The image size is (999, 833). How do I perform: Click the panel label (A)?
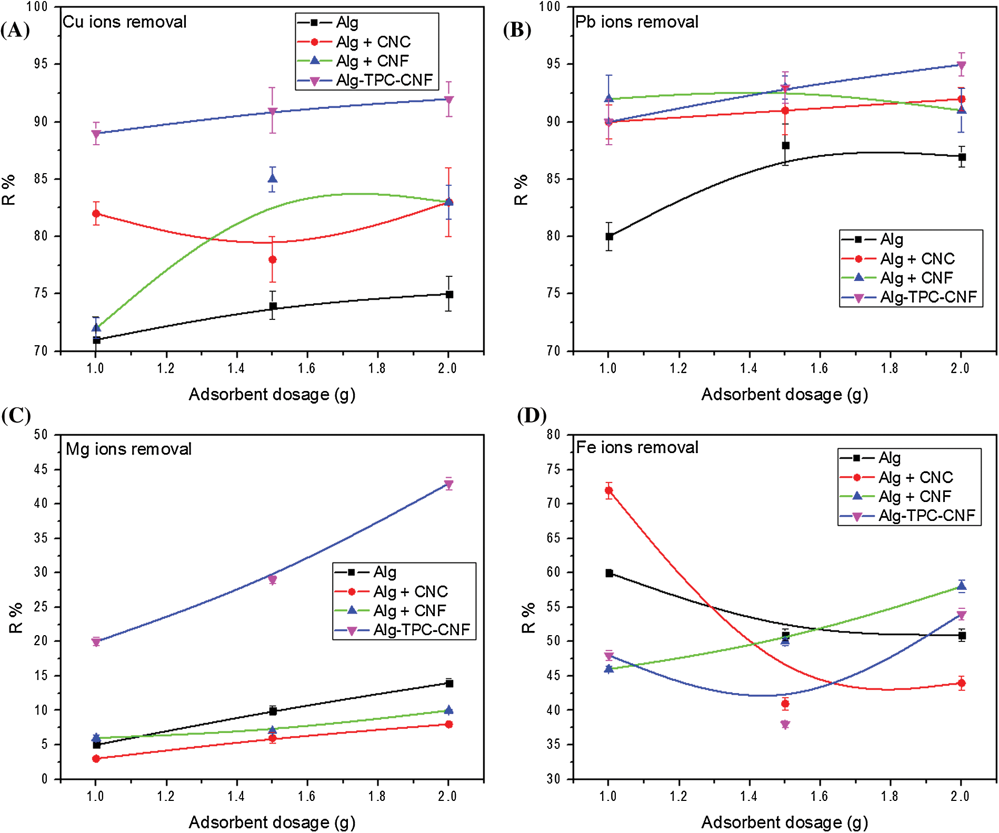[x=15, y=30]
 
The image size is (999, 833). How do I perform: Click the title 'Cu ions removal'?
[x=124, y=22]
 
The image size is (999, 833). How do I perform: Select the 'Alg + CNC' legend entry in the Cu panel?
[x=373, y=42]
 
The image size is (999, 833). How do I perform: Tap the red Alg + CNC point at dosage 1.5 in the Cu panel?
[x=273, y=260]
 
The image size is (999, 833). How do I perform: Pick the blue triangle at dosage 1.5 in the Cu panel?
[x=273, y=178]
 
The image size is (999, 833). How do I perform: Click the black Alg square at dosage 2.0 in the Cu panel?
[x=449, y=294]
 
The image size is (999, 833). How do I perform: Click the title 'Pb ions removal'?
[x=637, y=22]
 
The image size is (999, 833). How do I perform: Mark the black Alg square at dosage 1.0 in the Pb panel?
[x=609, y=237]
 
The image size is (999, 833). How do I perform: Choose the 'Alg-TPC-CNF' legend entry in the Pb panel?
[x=928, y=297]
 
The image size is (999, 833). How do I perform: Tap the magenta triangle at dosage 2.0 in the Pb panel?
[x=962, y=66]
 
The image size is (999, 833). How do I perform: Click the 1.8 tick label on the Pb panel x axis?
[x=890, y=368]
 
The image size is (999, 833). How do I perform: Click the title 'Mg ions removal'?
[x=128, y=449]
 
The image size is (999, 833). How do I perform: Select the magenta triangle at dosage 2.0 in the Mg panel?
[x=449, y=485]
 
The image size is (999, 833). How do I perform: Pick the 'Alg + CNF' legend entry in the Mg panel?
[x=409, y=611]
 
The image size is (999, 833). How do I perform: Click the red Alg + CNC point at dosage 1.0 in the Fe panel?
[x=609, y=490]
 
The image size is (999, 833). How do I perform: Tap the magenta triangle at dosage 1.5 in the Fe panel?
[x=785, y=725]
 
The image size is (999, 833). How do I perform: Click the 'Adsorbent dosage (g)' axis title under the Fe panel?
[x=784, y=822]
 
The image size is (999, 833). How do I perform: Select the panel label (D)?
[x=532, y=416]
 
